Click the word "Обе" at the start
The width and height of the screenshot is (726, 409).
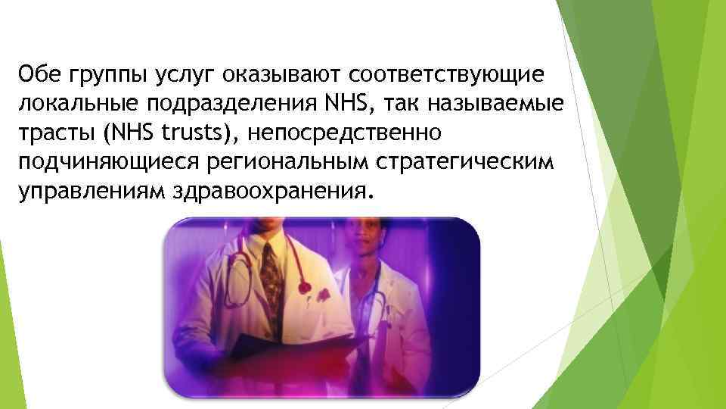point(39,75)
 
